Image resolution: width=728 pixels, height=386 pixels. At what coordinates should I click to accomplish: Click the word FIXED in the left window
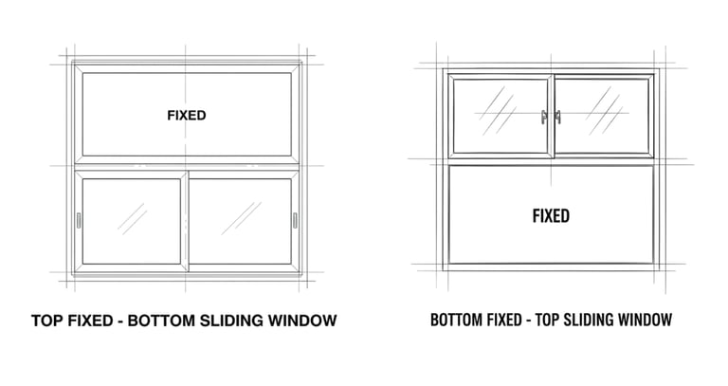(187, 116)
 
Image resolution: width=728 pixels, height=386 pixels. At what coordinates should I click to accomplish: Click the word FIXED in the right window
(551, 216)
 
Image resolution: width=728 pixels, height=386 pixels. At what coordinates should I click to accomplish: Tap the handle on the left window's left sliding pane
(79, 221)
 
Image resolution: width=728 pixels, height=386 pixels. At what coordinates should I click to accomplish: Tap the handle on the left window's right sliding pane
(296, 221)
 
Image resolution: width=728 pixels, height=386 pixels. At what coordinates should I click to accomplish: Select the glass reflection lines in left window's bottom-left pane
(132, 219)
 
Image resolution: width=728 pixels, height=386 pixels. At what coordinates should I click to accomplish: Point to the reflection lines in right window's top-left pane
(494, 111)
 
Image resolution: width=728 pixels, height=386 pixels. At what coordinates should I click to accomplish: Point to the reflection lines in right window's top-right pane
(602, 111)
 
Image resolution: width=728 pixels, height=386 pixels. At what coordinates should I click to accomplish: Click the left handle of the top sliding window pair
(543, 117)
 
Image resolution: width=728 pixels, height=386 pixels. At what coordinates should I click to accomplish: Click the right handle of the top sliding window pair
(557, 117)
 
